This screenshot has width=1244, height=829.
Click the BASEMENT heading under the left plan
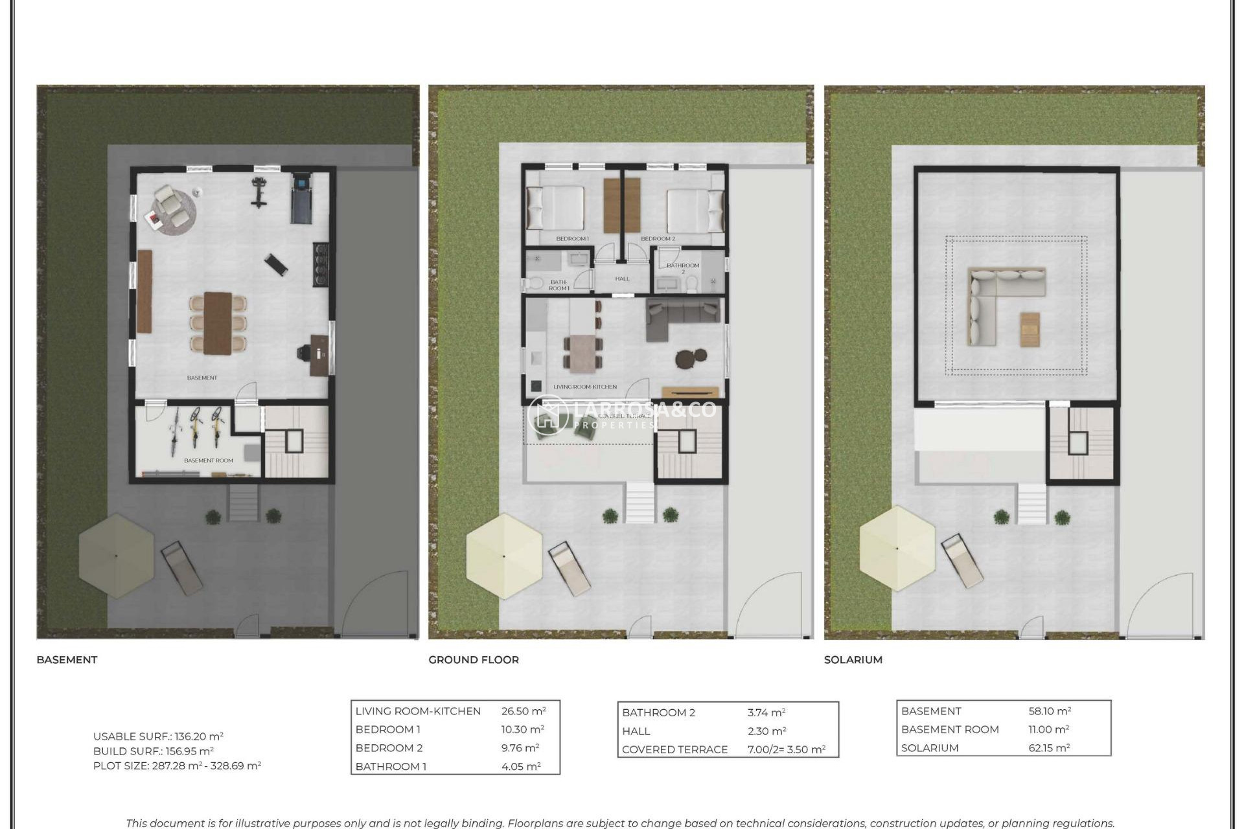67,659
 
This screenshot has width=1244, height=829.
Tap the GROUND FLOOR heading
473,659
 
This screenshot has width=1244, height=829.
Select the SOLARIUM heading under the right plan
853,659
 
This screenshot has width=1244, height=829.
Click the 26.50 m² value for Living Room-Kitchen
523,710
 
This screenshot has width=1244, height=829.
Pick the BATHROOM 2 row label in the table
658,712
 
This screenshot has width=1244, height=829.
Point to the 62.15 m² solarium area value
1049,747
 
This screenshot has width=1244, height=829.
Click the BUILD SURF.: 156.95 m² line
154,751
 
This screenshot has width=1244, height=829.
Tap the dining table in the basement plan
218,323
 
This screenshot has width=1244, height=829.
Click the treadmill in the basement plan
301,198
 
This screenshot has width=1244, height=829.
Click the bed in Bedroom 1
556,209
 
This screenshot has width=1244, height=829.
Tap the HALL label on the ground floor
622,279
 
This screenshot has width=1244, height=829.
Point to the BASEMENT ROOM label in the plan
208,460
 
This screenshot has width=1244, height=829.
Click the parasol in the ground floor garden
504,556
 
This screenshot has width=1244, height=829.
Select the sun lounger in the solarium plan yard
962,560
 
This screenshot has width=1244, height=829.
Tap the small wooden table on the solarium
1030,329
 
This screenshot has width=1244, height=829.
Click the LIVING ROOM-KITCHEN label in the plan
584,387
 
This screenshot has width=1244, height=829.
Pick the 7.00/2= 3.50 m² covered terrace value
786,749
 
